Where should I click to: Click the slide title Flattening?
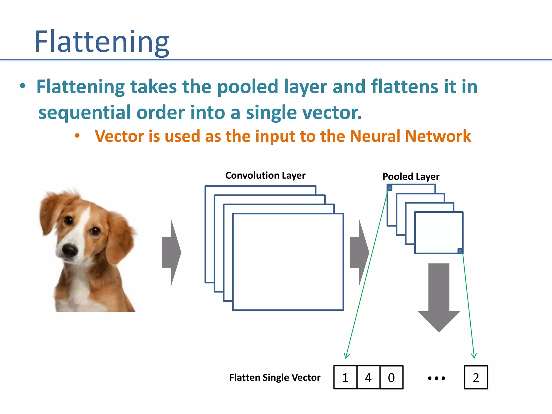tap(102, 42)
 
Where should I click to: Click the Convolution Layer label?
tap(265, 175)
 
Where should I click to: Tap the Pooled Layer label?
tap(411, 177)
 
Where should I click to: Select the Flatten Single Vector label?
tap(275, 377)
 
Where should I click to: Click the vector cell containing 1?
tap(345, 377)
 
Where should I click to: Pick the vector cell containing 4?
tap(368, 377)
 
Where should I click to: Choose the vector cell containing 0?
tap(391, 377)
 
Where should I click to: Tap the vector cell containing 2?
tap(476, 377)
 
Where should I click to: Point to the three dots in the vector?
tap(436, 378)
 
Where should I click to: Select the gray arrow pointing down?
tap(439, 296)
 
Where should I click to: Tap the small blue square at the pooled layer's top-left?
tap(389, 188)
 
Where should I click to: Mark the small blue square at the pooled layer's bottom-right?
tap(460, 251)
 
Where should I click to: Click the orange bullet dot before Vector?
tap(77, 136)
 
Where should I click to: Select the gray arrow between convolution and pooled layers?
tap(359, 253)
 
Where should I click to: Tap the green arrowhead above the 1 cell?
tap(347, 356)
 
